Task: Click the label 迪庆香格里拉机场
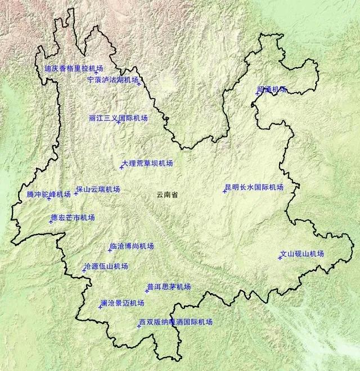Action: (73, 69)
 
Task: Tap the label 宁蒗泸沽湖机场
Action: (112, 80)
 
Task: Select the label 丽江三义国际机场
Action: (119, 118)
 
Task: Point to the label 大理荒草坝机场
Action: (147, 163)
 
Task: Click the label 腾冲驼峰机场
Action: (48, 194)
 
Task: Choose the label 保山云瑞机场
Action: (98, 189)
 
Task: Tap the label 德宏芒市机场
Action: (73, 218)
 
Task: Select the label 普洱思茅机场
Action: (169, 287)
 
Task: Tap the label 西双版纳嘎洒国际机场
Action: (176, 322)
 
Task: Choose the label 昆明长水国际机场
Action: (254, 187)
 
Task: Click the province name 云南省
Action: (167, 194)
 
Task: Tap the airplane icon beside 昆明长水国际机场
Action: (224, 191)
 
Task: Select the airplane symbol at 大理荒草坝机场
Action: (121, 166)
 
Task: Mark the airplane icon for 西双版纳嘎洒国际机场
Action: (139, 326)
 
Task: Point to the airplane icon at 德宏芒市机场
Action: (51, 221)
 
